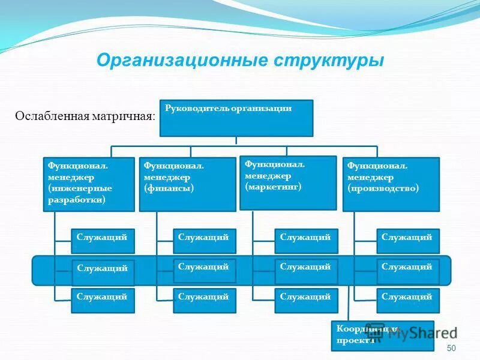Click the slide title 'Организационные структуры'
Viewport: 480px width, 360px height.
pos(240,61)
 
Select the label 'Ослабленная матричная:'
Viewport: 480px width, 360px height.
pos(85,116)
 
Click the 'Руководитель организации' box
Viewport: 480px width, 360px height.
pos(236,118)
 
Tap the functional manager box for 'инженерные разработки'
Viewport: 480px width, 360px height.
pos(89,184)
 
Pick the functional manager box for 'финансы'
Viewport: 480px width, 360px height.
pos(187,184)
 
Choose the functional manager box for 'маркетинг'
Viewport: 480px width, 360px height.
pos(288,182)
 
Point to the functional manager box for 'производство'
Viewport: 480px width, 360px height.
pos(391,184)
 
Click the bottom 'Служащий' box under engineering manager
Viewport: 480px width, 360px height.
pos(103,301)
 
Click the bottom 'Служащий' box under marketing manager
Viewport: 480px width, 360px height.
pos(306,301)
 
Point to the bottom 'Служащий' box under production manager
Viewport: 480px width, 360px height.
pos(408,301)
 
